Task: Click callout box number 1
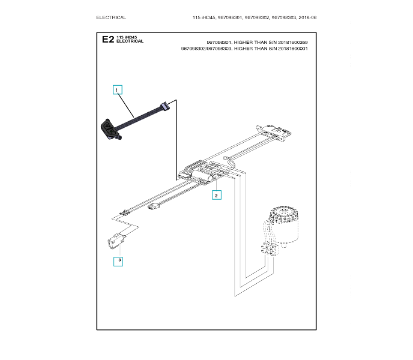pos(117,90)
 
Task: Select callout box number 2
pos(217,195)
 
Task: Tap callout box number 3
pos(118,261)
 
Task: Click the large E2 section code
pos(108,39)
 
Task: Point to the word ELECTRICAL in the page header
pos(111,17)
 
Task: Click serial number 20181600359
pos(293,42)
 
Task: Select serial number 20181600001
pos(293,49)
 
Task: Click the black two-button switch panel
pos(109,129)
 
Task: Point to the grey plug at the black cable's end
pos(164,106)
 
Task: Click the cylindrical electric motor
pos(284,224)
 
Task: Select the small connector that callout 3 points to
pos(116,241)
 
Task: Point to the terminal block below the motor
pos(269,250)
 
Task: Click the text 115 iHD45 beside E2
pos(127,37)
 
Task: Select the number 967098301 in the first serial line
pos(219,42)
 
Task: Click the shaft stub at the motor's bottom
pos(284,245)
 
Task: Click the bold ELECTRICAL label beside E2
pos(130,41)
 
